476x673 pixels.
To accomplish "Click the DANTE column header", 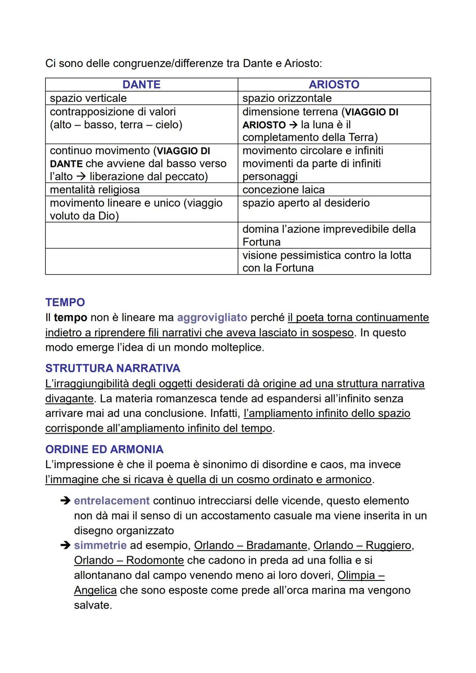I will click(141, 85).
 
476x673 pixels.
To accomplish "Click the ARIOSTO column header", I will click(334, 85).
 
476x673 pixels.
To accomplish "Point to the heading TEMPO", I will click(65, 302).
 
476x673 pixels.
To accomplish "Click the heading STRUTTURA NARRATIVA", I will click(112, 368).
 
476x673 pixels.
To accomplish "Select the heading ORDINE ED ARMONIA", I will click(104, 449).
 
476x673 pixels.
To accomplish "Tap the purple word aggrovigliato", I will click(212, 317).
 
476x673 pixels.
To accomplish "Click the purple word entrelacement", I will click(112, 501).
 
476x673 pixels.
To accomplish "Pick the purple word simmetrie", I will click(100, 545).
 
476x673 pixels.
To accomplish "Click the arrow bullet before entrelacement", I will click(65, 501).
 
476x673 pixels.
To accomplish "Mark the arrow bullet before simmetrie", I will click(65, 545).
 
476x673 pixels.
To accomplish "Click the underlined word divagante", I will click(69, 398).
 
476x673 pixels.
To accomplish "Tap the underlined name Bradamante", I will click(276, 545).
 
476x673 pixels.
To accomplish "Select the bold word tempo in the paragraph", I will click(70, 317).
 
